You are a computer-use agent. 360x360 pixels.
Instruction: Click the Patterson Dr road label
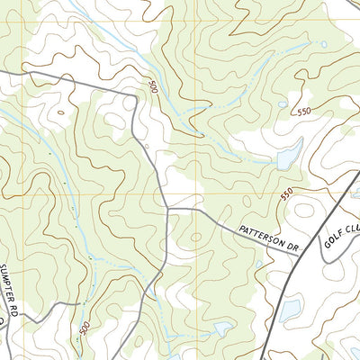point(267,237)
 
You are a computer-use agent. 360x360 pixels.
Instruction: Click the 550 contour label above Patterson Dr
point(286,193)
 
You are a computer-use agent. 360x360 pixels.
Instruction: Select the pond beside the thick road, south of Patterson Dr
point(290,310)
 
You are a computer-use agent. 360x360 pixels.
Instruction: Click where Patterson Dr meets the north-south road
point(168,210)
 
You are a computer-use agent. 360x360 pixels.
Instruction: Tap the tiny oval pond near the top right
point(323,44)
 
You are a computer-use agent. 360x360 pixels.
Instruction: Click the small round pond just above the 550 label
point(283,104)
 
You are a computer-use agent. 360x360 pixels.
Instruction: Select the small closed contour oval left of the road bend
point(114,121)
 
